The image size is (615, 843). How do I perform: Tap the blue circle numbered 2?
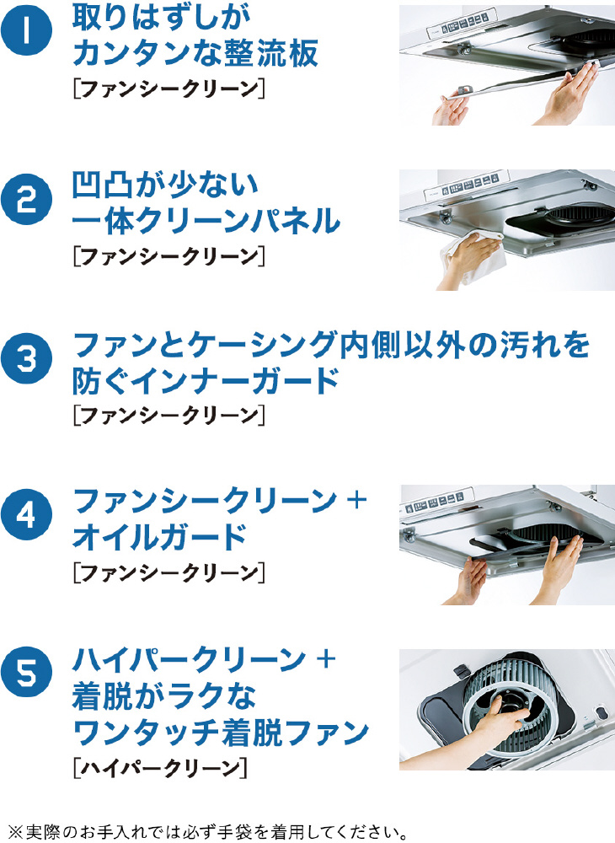point(26,200)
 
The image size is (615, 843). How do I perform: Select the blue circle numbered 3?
point(26,358)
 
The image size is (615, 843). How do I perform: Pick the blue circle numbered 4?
point(26,514)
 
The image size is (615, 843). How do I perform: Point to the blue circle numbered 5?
point(26,672)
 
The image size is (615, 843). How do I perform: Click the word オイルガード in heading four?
point(159,536)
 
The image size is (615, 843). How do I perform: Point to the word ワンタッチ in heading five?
point(146,733)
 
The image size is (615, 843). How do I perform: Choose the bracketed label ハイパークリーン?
point(160,767)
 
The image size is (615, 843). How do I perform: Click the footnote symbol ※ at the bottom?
point(17,833)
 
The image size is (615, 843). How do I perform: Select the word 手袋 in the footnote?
point(238,832)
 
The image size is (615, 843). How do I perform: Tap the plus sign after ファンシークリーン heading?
point(356,500)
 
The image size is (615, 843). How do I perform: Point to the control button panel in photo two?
point(475,184)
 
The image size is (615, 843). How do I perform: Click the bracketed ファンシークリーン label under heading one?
point(169,89)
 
